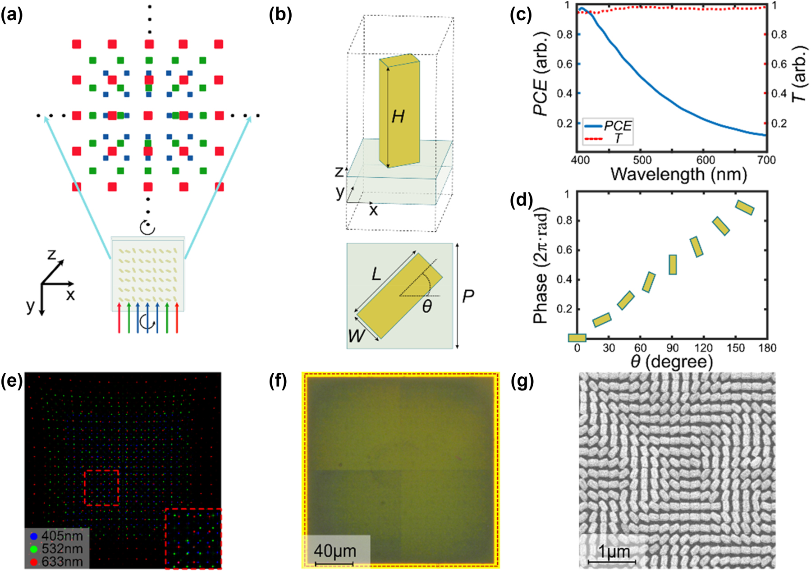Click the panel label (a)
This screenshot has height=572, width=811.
pos(12,15)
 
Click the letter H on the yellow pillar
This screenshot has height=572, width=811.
pos(398,117)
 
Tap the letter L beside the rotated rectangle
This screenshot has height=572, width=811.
pos(376,274)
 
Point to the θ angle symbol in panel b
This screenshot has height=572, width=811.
pos(426,307)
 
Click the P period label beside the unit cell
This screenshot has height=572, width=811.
pos(468,296)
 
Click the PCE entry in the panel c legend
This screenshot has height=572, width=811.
pos(618,126)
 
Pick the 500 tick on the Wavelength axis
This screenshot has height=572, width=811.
pos(642,160)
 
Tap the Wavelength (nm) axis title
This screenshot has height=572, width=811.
pos(678,174)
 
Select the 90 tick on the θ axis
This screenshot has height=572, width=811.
pos(672,348)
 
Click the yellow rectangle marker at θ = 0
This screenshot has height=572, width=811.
pos(577,338)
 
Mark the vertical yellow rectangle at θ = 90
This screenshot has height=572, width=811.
pos(673,265)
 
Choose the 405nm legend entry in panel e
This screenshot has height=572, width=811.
pos(62,536)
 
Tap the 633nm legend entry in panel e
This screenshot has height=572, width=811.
pos(62,562)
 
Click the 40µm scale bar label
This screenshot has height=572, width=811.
pos(335,551)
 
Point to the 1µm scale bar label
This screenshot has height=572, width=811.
pos(614,551)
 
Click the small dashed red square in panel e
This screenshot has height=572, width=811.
pos(102,488)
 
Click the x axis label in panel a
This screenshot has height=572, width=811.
pos(70,295)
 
